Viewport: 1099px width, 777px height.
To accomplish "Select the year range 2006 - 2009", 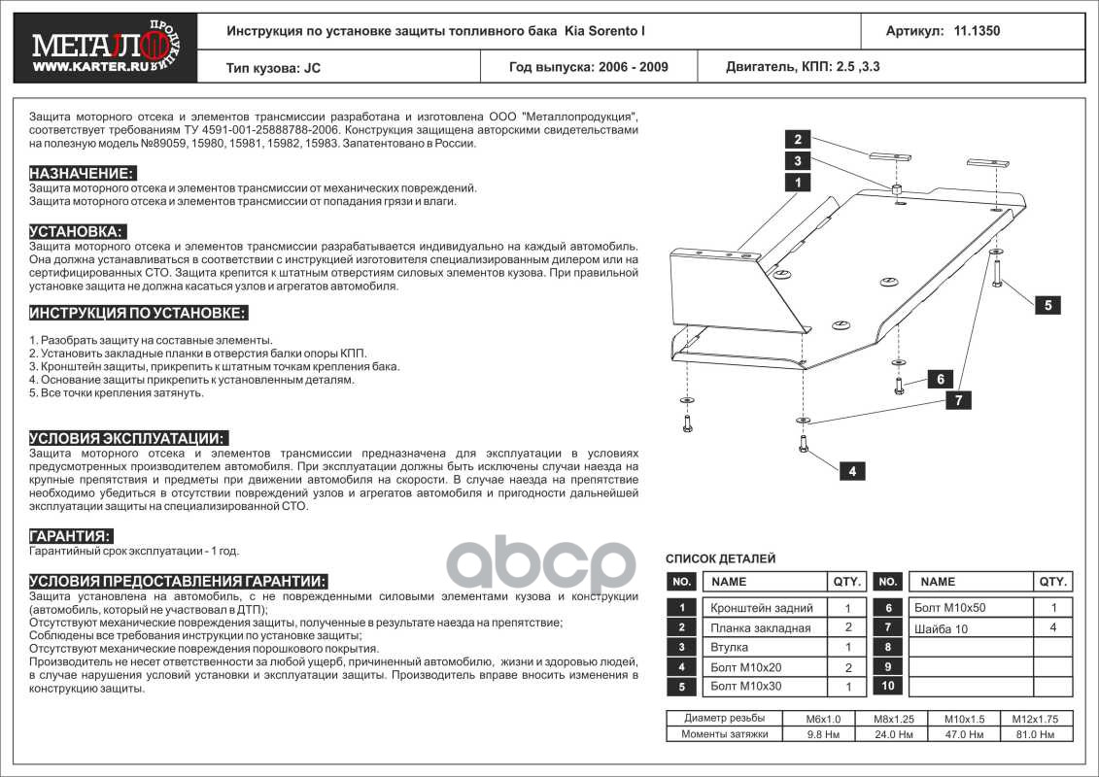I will pos(589,68).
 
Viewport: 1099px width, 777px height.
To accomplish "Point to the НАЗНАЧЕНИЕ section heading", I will pos(82,173).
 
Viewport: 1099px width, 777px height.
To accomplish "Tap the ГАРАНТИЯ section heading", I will pos(71,536).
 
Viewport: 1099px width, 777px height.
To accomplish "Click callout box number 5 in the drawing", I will pos(1047,305).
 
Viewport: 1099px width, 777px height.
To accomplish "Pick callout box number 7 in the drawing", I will pos(958,400).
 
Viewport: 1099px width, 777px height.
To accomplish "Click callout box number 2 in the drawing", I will pos(797,138).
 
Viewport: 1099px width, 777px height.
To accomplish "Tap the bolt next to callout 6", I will pos(899,384).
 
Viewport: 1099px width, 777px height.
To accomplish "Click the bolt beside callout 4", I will pos(804,443).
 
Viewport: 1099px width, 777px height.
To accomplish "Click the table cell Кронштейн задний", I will pos(762,608).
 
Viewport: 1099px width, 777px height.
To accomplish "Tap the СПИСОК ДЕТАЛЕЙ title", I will pos(720,558).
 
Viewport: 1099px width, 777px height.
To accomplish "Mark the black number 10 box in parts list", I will pos(887,687).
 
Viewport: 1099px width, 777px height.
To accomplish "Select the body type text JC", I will pos(311,68).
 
